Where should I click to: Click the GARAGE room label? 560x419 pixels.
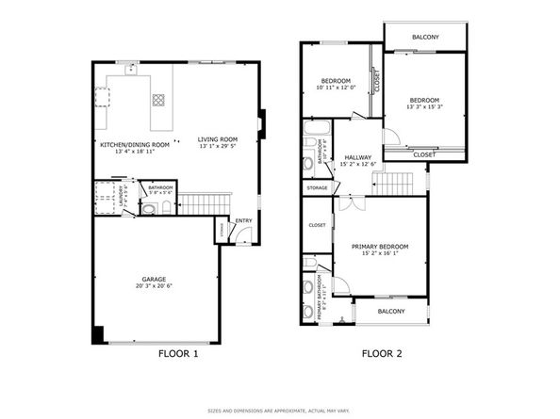pyautogui.click(x=156, y=279)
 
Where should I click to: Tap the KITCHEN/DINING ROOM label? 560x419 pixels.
pyautogui.click(x=135, y=144)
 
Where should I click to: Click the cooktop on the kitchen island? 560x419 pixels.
pyautogui.click(x=158, y=100)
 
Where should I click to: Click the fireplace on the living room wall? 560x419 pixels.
pyautogui.click(x=262, y=122)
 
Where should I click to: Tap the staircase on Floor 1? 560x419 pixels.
pyautogui.click(x=204, y=202)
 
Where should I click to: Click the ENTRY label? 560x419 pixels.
pyautogui.click(x=243, y=221)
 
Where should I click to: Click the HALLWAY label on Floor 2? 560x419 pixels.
pyautogui.click(x=359, y=157)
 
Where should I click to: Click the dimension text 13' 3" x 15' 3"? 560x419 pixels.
pyautogui.click(x=425, y=107)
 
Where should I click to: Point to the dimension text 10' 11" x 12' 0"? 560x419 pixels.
pyautogui.click(x=337, y=88)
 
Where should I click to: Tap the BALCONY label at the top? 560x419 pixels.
pyautogui.click(x=425, y=37)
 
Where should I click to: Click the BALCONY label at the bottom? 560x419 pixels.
pyautogui.click(x=390, y=311)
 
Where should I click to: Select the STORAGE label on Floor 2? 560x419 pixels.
pyautogui.click(x=317, y=188)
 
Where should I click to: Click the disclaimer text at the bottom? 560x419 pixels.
pyautogui.click(x=280, y=411)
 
